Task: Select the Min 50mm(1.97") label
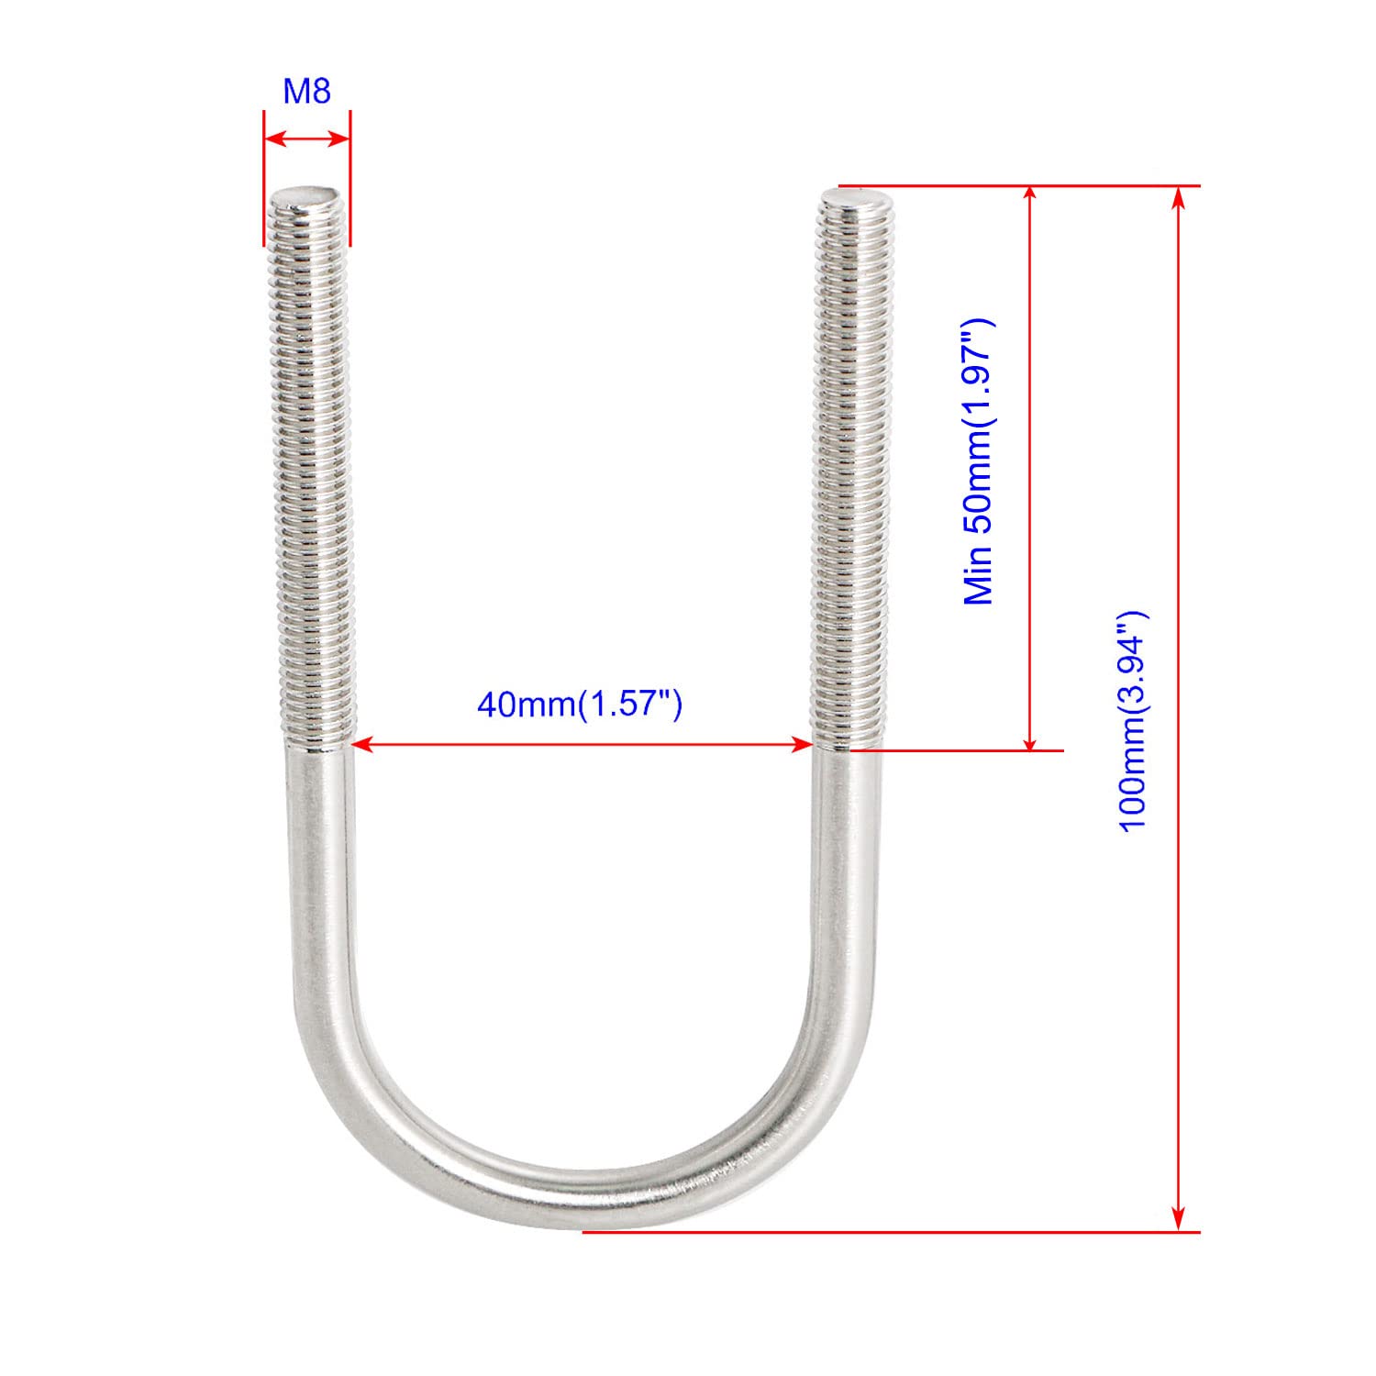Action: pyautogui.click(x=979, y=461)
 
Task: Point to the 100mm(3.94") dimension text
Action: pyautogui.click(x=1133, y=722)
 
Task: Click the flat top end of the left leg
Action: pyautogui.click(x=310, y=194)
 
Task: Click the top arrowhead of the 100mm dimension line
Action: pyautogui.click(x=1180, y=196)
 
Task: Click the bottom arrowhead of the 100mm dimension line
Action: pyautogui.click(x=1180, y=1220)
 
